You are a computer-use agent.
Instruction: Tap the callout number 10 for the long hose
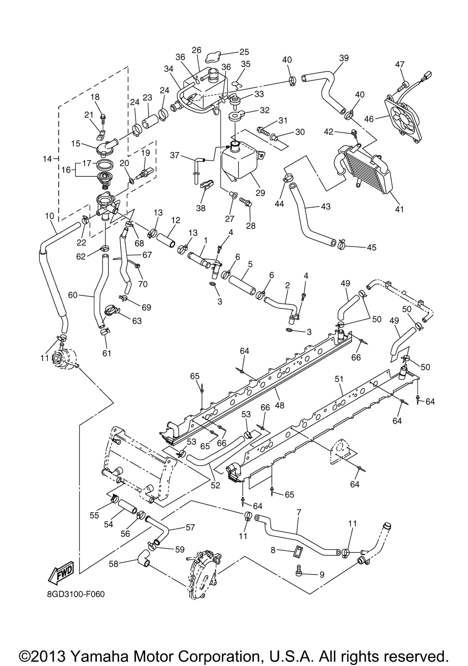pos(50,216)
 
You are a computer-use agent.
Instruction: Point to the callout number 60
pos(73,295)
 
